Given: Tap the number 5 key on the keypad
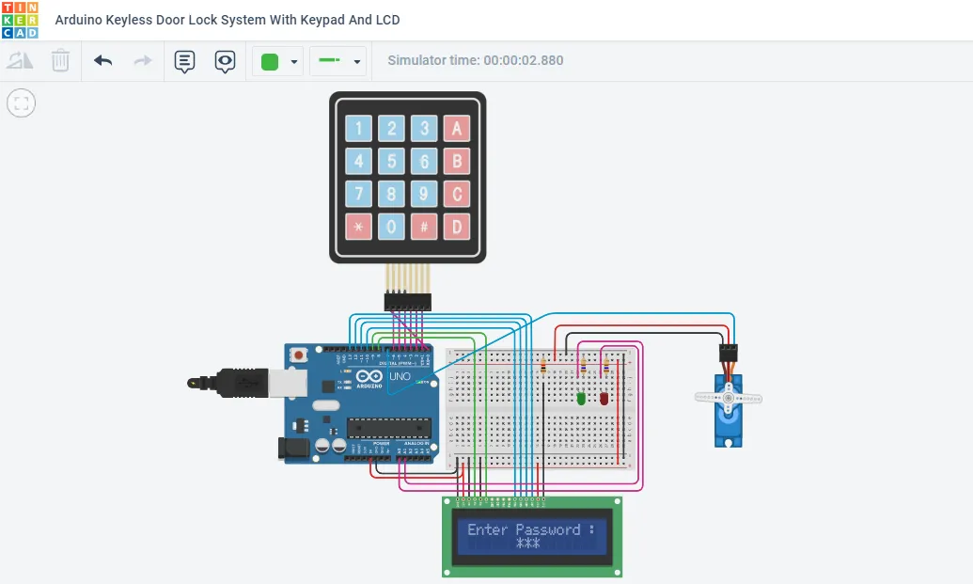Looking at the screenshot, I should pyautogui.click(x=392, y=161).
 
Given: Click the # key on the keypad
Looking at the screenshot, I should pyautogui.click(x=424, y=226).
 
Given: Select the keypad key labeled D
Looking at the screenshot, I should pyautogui.click(x=457, y=226).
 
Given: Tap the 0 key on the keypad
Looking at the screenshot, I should pyautogui.click(x=392, y=226).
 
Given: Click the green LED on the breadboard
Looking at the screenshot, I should pyautogui.click(x=581, y=399).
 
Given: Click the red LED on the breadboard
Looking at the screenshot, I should pyautogui.click(x=604, y=399).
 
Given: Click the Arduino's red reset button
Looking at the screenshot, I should pyautogui.click(x=299, y=355).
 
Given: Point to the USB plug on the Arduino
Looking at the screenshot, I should pyautogui.click(x=235, y=382).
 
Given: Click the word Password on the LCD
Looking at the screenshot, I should pyautogui.click(x=548, y=529).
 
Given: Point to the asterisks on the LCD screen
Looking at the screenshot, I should pyautogui.click(x=527, y=545).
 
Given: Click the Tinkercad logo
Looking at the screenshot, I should pyautogui.click(x=20, y=20).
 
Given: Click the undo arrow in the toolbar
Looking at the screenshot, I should pyautogui.click(x=103, y=61).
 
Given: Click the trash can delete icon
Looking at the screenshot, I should pyautogui.click(x=60, y=61).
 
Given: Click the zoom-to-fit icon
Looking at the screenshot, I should pyautogui.click(x=21, y=103).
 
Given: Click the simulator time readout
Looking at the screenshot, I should pyautogui.click(x=476, y=60).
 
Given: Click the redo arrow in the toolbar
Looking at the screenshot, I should pyautogui.click(x=143, y=61).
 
